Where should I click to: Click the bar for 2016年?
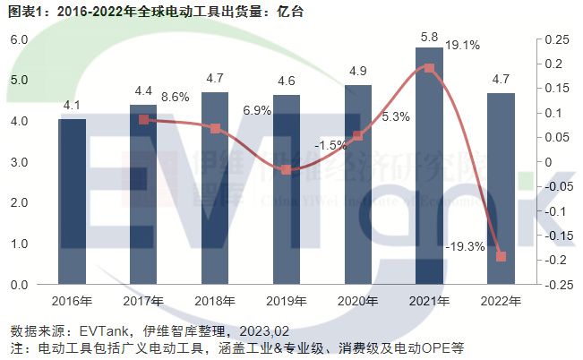(x=72, y=201)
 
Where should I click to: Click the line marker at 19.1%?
(x=429, y=68)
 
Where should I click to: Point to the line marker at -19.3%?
(x=501, y=257)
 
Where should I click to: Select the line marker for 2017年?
(x=143, y=119)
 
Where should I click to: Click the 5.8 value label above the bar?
(x=429, y=37)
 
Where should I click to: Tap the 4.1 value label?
(x=72, y=106)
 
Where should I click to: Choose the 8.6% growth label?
(x=176, y=96)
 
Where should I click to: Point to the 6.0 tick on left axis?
(x=18, y=39)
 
